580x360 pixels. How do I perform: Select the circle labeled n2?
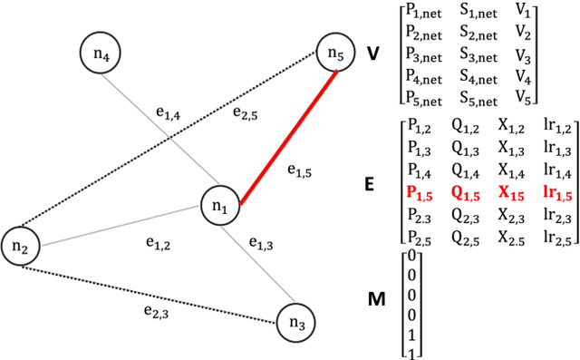[21, 245]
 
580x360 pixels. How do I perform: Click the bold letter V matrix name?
[372, 54]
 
